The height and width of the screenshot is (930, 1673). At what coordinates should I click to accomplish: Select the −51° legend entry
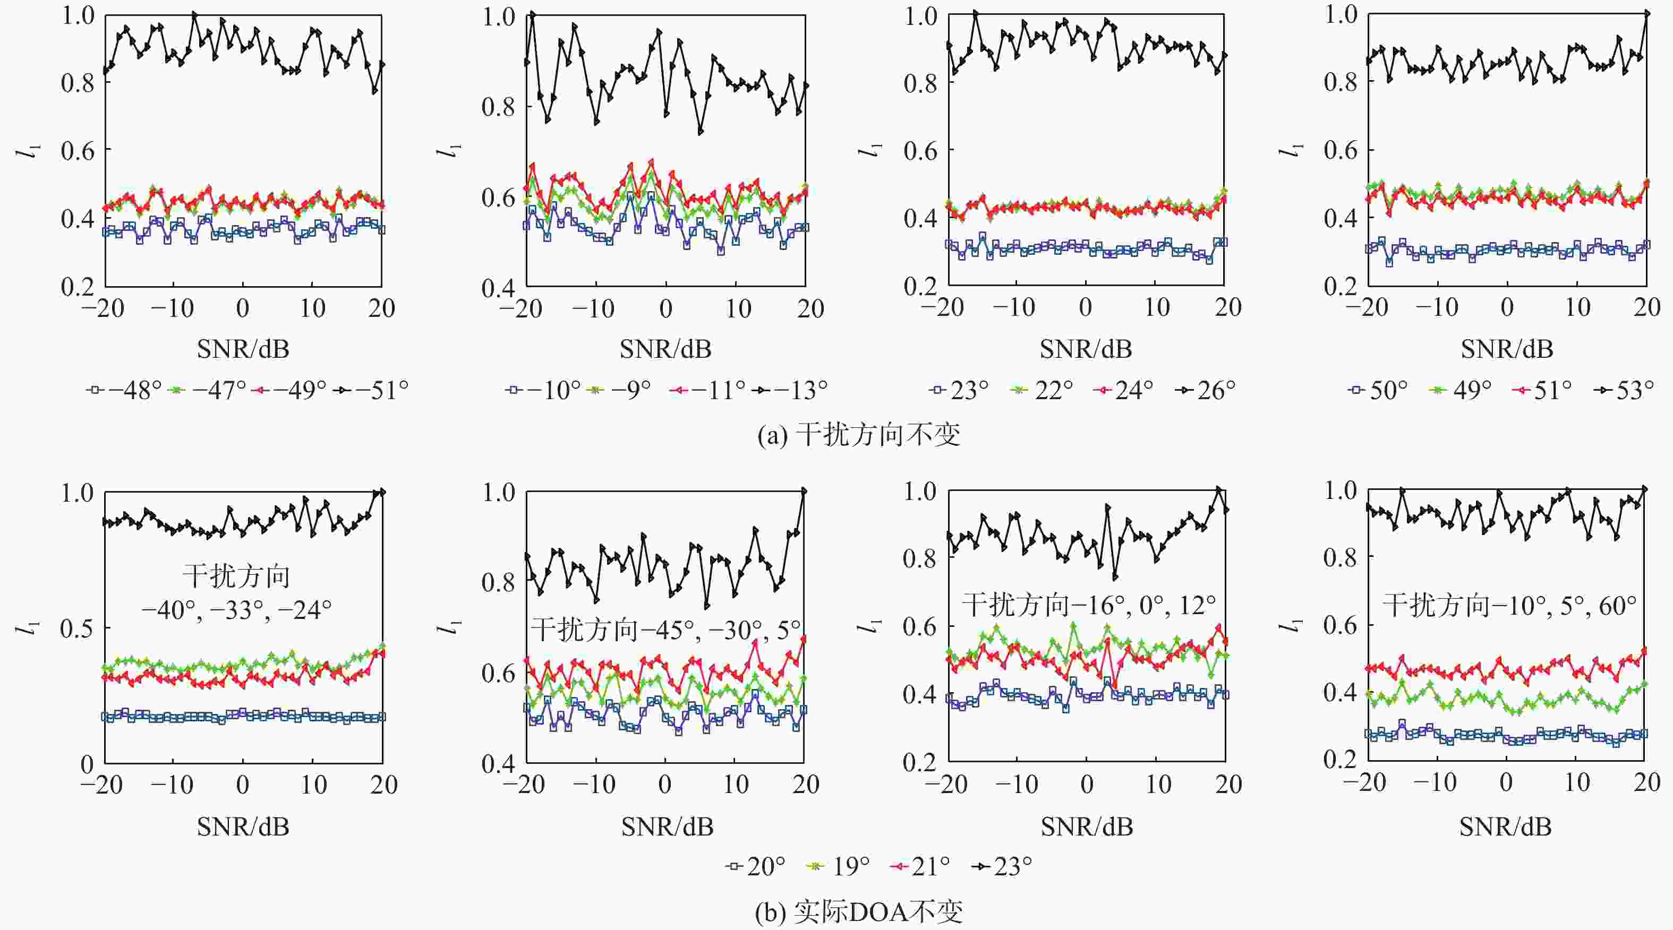(372, 390)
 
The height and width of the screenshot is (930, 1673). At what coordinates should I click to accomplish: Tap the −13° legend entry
(790, 390)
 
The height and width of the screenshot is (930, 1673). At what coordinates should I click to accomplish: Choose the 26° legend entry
(1206, 390)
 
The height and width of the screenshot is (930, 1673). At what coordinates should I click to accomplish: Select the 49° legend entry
(1461, 390)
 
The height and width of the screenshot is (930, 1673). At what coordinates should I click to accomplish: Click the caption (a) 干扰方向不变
(859, 434)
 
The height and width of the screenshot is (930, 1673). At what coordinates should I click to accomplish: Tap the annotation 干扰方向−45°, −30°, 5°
(665, 630)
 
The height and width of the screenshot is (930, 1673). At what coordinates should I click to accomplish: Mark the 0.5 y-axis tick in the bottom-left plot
(76, 628)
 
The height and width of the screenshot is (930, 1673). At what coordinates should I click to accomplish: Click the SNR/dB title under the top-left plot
(243, 349)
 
